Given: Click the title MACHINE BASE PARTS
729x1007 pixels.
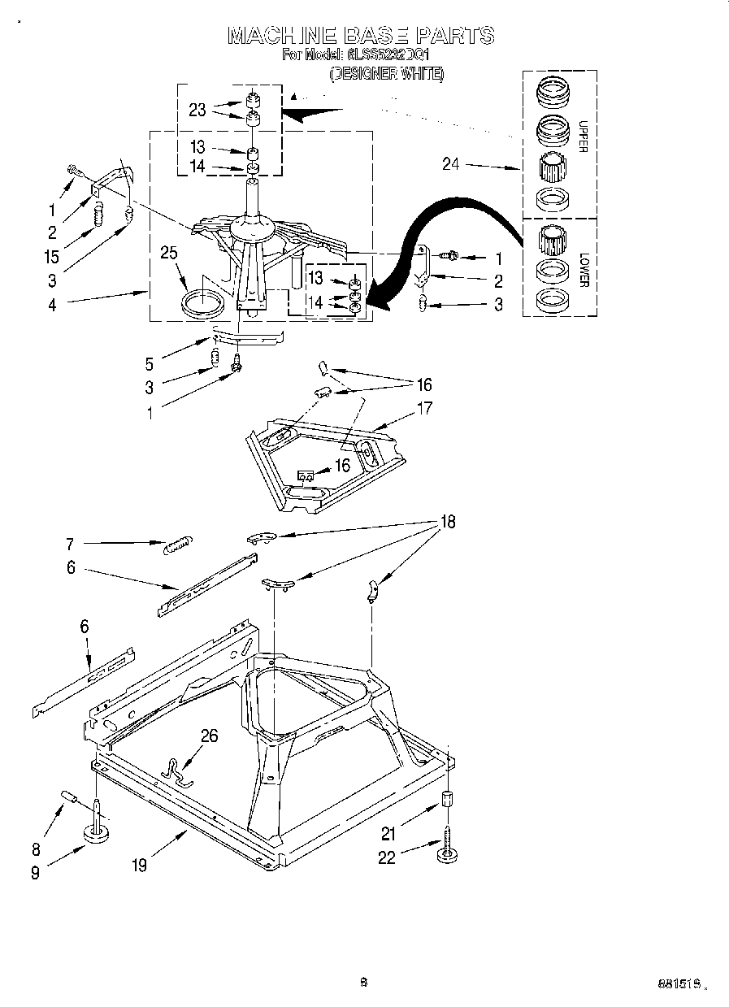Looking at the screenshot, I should click(x=360, y=36).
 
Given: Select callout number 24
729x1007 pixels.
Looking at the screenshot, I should click(x=451, y=164).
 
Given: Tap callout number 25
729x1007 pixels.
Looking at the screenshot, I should click(x=168, y=253).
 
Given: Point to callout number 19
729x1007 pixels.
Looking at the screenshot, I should click(x=140, y=866).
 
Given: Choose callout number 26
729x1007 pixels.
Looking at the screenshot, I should click(x=209, y=736).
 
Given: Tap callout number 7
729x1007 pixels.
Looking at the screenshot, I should click(x=71, y=543).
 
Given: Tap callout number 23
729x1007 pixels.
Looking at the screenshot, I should click(x=197, y=110).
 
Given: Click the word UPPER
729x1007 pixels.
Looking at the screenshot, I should click(x=582, y=137).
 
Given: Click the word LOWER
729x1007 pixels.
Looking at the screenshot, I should click(x=583, y=271).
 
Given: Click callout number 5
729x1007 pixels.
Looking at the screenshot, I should click(x=149, y=363).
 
